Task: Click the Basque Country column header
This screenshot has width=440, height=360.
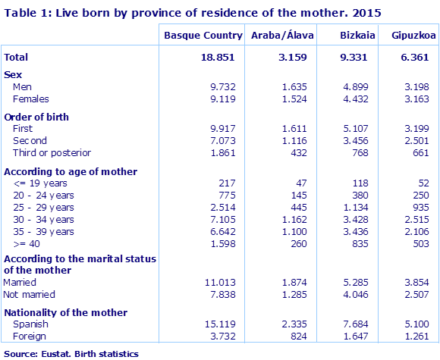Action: click(x=203, y=36)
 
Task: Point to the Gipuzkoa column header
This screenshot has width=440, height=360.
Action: click(x=407, y=36)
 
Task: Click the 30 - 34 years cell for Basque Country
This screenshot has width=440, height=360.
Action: click(x=222, y=219)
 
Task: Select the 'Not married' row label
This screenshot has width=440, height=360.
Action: click(x=30, y=294)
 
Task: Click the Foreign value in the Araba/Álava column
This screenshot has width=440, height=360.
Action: click(x=294, y=337)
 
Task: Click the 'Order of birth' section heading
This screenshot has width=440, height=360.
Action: click(x=37, y=117)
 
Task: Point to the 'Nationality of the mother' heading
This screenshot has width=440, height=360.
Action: click(x=66, y=312)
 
